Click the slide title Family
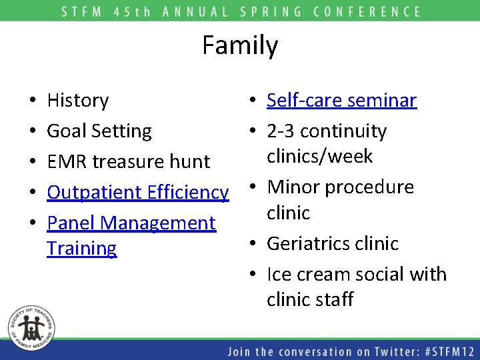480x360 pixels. coord(240,46)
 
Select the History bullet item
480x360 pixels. coord(78,101)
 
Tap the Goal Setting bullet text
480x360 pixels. coord(99,131)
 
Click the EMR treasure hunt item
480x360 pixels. coord(128,162)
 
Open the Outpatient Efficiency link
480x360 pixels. coord(137,193)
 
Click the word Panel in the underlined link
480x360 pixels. coord(70,223)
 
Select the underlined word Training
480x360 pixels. coord(81,249)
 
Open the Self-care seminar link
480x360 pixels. coord(341,101)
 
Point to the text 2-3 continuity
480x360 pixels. coord(326,131)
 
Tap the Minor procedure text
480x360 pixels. coord(340,187)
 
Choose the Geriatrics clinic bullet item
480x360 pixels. coord(332,244)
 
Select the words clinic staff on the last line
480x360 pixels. coord(310,300)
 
